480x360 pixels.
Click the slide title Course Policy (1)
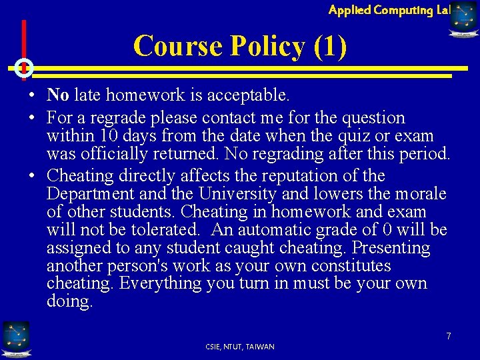tap(240, 46)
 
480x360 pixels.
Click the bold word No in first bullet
tap(58, 95)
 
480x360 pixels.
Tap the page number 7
tap(449, 336)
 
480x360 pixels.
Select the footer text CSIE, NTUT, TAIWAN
tap(240, 347)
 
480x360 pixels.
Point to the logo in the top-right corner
tap(464, 18)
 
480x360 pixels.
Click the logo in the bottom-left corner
tap(15, 337)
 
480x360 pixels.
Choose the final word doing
tap(69, 302)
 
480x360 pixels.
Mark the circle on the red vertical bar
tap(23, 68)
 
